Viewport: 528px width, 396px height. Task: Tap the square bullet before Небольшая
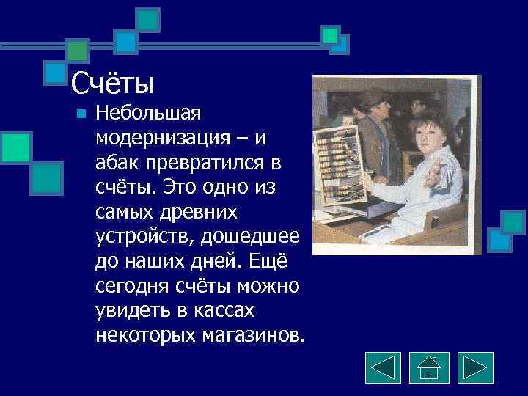coord(81,114)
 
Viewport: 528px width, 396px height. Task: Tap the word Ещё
coord(276,262)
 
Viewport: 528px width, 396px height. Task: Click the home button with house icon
coord(429,367)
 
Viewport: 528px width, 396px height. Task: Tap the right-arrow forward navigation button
coord(475,367)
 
